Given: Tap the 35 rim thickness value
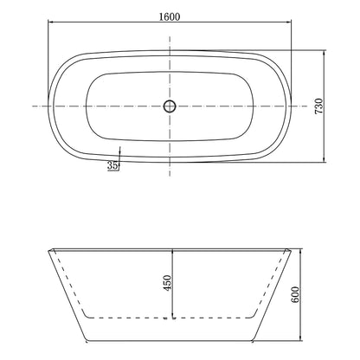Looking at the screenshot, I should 112,165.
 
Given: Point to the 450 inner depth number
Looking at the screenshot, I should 165,282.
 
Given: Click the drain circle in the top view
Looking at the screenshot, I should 170,106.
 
